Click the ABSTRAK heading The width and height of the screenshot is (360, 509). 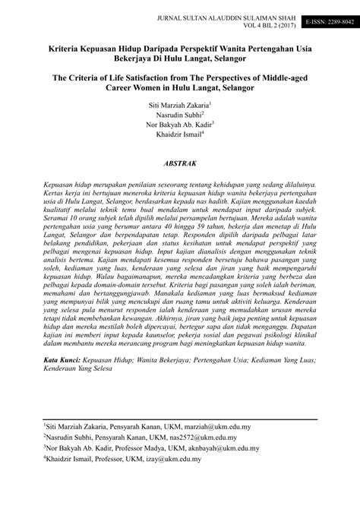click(181, 163)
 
